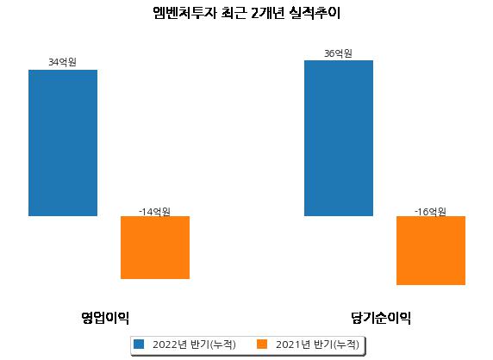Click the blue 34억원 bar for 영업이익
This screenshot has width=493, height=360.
click(x=63, y=143)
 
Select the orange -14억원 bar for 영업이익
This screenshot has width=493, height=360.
click(x=155, y=247)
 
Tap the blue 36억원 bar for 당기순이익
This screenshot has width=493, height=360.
click(x=339, y=138)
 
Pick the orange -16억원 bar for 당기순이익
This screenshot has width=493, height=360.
click(x=431, y=251)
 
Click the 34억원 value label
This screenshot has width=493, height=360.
click(x=62, y=62)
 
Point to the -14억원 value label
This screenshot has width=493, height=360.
click(x=154, y=212)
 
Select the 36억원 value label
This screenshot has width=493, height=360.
click(x=338, y=53)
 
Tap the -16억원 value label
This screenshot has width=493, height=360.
click(x=430, y=212)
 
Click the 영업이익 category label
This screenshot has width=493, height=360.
click(x=105, y=318)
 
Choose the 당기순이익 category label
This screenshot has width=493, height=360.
click(x=381, y=318)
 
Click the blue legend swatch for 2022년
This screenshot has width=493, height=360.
click(x=139, y=344)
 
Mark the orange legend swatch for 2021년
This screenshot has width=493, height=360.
click(x=262, y=344)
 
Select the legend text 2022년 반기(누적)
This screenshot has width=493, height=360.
click(x=194, y=344)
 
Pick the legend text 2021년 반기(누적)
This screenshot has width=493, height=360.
click(x=317, y=344)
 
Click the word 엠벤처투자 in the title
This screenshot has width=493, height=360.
click(x=184, y=13)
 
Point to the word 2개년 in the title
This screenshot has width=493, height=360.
click(x=268, y=13)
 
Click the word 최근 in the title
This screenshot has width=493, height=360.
click(x=234, y=13)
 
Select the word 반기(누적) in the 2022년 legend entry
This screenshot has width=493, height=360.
click(x=213, y=344)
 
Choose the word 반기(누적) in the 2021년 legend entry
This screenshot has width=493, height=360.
click(x=336, y=344)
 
